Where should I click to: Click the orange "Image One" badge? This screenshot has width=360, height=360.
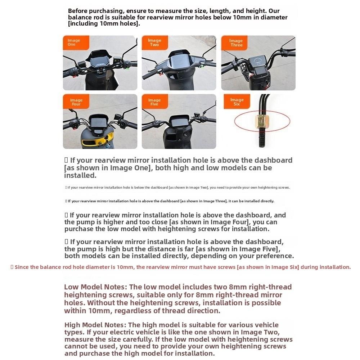[x=75, y=42]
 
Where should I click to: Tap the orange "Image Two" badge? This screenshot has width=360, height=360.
[x=154, y=42]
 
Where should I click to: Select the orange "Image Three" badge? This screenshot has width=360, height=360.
[x=236, y=43]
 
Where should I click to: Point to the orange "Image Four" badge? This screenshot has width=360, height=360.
[x=76, y=102]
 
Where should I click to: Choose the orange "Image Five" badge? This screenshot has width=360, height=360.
[x=154, y=102]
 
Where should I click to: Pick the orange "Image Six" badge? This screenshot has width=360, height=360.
[x=237, y=102]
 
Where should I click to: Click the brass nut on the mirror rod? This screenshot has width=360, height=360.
[x=262, y=121]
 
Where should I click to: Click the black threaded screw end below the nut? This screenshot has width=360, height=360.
[x=262, y=137]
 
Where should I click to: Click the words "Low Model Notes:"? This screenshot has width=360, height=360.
[x=95, y=287]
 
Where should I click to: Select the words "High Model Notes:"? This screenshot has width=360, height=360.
[x=95, y=325]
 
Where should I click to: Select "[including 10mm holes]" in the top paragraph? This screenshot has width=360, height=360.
[x=103, y=24]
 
